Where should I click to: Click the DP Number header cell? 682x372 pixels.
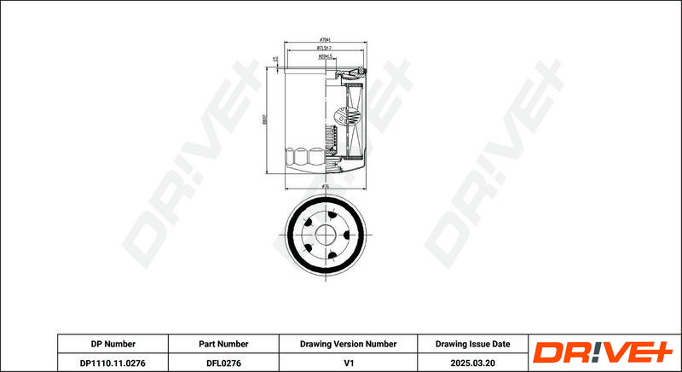113,344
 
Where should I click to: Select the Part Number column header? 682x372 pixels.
223,344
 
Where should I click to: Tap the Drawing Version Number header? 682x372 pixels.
348,344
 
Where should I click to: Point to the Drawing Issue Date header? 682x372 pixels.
472,344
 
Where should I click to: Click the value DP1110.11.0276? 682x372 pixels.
113,363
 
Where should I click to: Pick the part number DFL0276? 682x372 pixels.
223,363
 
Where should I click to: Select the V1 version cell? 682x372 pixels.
348,363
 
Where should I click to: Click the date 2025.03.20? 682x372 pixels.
472,363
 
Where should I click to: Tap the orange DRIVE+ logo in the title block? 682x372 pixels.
603,352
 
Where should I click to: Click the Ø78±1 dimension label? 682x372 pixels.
324,39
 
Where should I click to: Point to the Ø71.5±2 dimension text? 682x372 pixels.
324,49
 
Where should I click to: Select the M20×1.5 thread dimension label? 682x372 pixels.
324,58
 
